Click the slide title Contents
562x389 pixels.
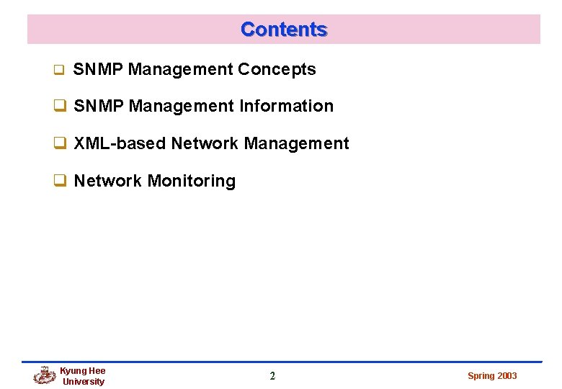pyautogui.click(x=284, y=30)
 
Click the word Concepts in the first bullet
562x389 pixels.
pyautogui.click(x=277, y=70)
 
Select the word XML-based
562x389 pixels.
pyautogui.click(x=120, y=144)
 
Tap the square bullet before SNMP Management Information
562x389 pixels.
pyautogui.click(x=61, y=107)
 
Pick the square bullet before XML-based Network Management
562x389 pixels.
pyautogui.click(x=61, y=144)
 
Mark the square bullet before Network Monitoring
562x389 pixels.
pyautogui.click(x=61, y=181)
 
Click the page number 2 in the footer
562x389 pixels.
pyautogui.click(x=272, y=375)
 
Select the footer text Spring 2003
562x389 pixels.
pyautogui.click(x=492, y=376)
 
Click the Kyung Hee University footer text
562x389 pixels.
pyautogui.click(x=83, y=376)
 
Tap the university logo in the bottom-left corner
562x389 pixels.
pyautogui.click(x=45, y=375)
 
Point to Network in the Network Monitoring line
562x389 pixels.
pyautogui.click(x=108, y=181)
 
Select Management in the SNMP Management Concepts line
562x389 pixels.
pyautogui.click(x=181, y=70)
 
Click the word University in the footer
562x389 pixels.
pyautogui.click(x=84, y=382)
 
